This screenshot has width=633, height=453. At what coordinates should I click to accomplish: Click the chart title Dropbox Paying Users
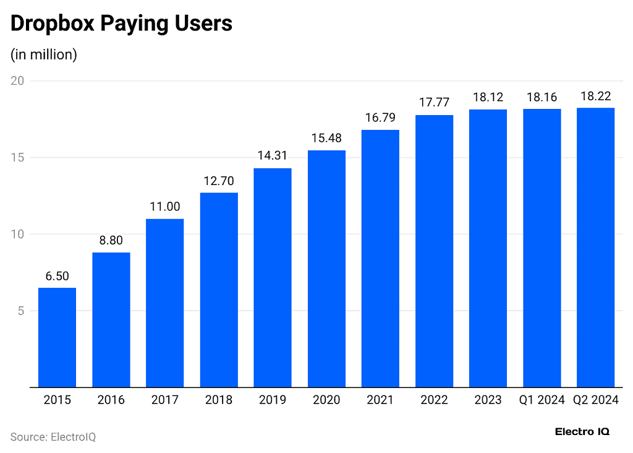click(x=121, y=24)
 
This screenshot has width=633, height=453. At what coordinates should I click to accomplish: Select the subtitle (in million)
click(x=44, y=54)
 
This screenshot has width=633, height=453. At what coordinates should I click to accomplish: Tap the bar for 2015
click(x=57, y=337)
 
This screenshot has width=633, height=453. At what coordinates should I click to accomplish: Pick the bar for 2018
click(x=219, y=290)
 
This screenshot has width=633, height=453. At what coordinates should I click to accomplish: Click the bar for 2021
click(x=380, y=259)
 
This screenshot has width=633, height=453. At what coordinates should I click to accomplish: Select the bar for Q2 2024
click(x=595, y=248)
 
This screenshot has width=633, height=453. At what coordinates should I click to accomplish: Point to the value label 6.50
click(x=57, y=276)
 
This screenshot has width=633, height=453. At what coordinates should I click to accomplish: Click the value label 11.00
click(x=164, y=207)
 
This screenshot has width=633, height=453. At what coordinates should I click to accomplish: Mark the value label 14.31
click(x=273, y=156)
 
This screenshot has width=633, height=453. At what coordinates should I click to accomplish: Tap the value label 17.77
click(x=434, y=102)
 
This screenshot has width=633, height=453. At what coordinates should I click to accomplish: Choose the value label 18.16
click(x=542, y=97)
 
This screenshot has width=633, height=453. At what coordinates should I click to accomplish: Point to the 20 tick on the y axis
click(x=17, y=81)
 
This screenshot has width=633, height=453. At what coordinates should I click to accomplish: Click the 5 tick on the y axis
click(x=20, y=311)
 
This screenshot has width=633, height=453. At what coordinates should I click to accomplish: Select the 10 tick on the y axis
click(x=17, y=234)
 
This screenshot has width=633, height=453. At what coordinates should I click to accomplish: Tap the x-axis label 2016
click(x=111, y=400)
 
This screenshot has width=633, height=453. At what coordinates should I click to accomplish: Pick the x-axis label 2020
click(x=326, y=400)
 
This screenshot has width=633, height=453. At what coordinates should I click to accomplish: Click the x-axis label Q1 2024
click(x=542, y=400)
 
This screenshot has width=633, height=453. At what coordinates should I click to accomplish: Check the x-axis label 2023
click(x=488, y=400)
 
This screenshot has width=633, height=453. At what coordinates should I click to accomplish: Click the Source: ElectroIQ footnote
click(x=53, y=437)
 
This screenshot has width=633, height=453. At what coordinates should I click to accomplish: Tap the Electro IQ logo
click(x=582, y=431)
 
